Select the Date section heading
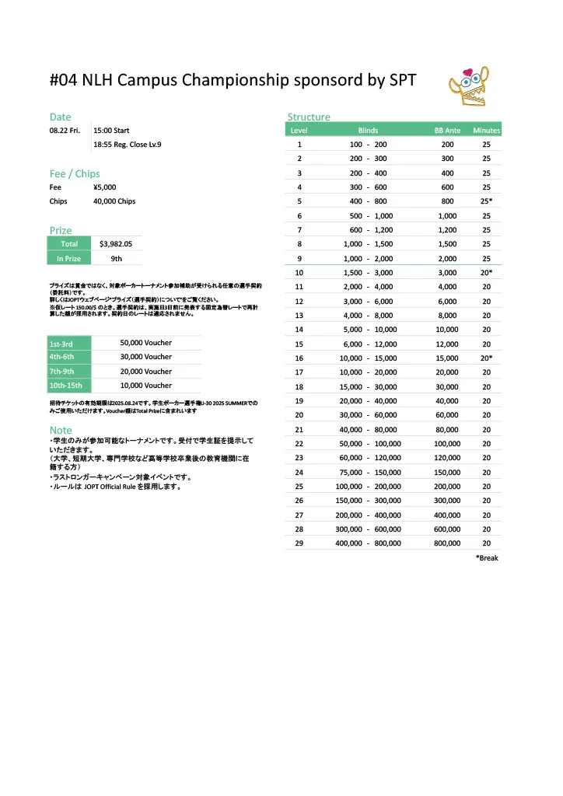[x=61, y=117]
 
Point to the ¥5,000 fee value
[x=105, y=187]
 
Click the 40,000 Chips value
[x=114, y=201]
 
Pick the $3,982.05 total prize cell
[x=117, y=243]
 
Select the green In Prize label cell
[x=69, y=258]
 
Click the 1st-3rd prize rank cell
[x=69, y=343]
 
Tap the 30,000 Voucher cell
[x=146, y=357]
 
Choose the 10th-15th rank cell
[x=69, y=386]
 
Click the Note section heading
[x=61, y=430]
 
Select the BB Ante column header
[x=447, y=131]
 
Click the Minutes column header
[x=486, y=131]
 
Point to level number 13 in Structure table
[x=299, y=316]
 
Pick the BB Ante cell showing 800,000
[x=447, y=543]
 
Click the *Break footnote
[x=487, y=558]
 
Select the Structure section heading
[x=309, y=117]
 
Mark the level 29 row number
[x=299, y=543]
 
